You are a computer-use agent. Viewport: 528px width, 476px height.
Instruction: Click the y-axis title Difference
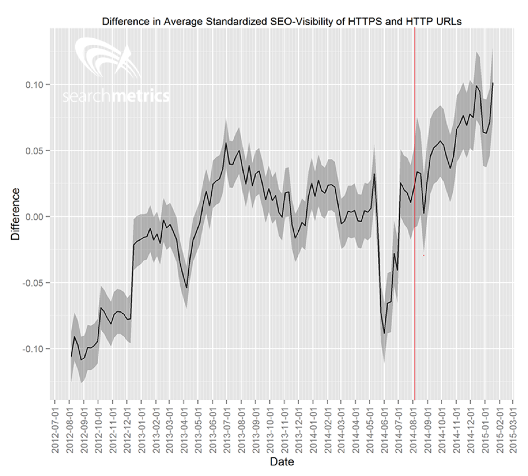[x=15, y=214]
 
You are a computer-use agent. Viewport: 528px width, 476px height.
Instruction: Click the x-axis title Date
[x=281, y=462]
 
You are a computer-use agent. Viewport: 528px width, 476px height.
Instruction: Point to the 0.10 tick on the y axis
[x=37, y=84]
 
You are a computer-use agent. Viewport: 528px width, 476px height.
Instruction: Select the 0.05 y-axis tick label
[x=37, y=150]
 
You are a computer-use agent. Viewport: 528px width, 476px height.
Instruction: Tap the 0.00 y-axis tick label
[x=37, y=217]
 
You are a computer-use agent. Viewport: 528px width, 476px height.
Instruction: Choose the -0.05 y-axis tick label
[x=35, y=283]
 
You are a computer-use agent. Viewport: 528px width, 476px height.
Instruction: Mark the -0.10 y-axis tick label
[x=35, y=349]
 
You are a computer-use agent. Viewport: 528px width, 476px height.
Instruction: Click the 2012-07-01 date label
[x=54, y=426]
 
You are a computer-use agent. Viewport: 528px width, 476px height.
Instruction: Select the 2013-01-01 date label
[x=141, y=426]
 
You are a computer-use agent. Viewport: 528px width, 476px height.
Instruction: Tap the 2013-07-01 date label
[x=227, y=426]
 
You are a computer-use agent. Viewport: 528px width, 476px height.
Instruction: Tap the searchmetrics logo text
[x=116, y=97]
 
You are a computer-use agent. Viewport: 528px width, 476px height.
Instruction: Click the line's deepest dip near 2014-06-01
[x=385, y=333]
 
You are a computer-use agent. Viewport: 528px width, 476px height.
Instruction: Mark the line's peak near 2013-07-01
[x=226, y=143]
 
